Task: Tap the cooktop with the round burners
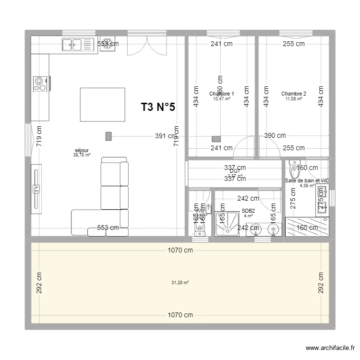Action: [40, 84]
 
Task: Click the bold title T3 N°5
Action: [158, 108]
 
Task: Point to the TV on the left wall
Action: [36, 189]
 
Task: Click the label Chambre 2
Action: [293, 94]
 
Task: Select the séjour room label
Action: [82, 150]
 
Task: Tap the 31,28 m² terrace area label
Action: [180, 283]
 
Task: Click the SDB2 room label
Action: [248, 211]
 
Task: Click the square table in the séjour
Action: [102, 105]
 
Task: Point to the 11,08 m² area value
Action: [293, 99]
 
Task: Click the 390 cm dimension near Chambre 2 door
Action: [275, 136]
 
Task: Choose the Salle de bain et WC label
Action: [307, 180]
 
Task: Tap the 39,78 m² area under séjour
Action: [82, 155]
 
